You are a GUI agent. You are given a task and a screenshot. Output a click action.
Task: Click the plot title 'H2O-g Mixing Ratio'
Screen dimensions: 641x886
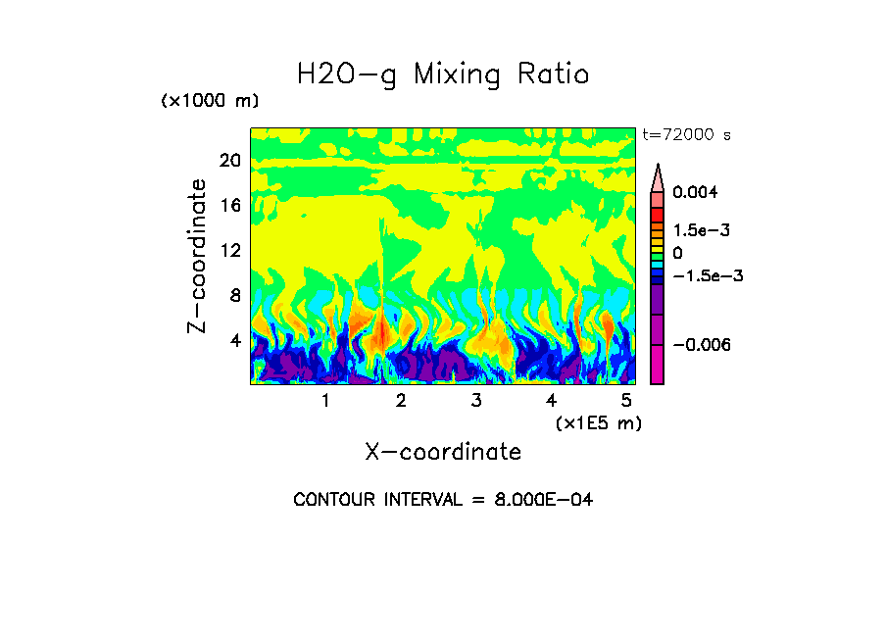(x=443, y=74)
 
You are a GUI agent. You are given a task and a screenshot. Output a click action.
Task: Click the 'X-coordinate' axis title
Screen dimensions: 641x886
(x=443, y=452)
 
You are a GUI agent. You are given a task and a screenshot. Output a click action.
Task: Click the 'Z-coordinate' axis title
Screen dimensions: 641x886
(x=198, y=256)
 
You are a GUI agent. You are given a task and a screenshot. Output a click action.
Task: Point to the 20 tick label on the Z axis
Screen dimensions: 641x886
(x=229, y=162)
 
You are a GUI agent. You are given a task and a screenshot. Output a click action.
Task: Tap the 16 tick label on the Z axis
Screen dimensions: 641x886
(x=229, y=206)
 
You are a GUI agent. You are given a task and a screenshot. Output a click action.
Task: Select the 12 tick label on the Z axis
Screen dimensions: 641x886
(x=229, y=251)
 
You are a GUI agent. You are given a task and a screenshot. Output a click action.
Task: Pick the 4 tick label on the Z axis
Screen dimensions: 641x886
(x=234, y=340)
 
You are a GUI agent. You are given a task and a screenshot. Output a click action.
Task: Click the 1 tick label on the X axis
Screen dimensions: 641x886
(x=325, y=400)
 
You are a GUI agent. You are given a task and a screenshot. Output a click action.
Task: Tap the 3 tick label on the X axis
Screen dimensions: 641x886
(x=476, y=400)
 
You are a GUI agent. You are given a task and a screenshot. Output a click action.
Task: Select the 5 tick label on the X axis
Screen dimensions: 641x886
(x=626, y=400)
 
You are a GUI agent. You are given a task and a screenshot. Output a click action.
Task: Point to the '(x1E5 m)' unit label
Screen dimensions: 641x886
(x=598, y=422)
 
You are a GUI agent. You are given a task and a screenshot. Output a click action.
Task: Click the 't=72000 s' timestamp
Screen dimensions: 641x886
(x=686, y=134)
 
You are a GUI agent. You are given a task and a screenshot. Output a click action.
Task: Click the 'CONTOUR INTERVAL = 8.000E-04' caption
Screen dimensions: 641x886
(x=443, y=500)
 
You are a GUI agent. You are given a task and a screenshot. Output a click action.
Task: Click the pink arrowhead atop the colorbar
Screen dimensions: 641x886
(x=658, y=177)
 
